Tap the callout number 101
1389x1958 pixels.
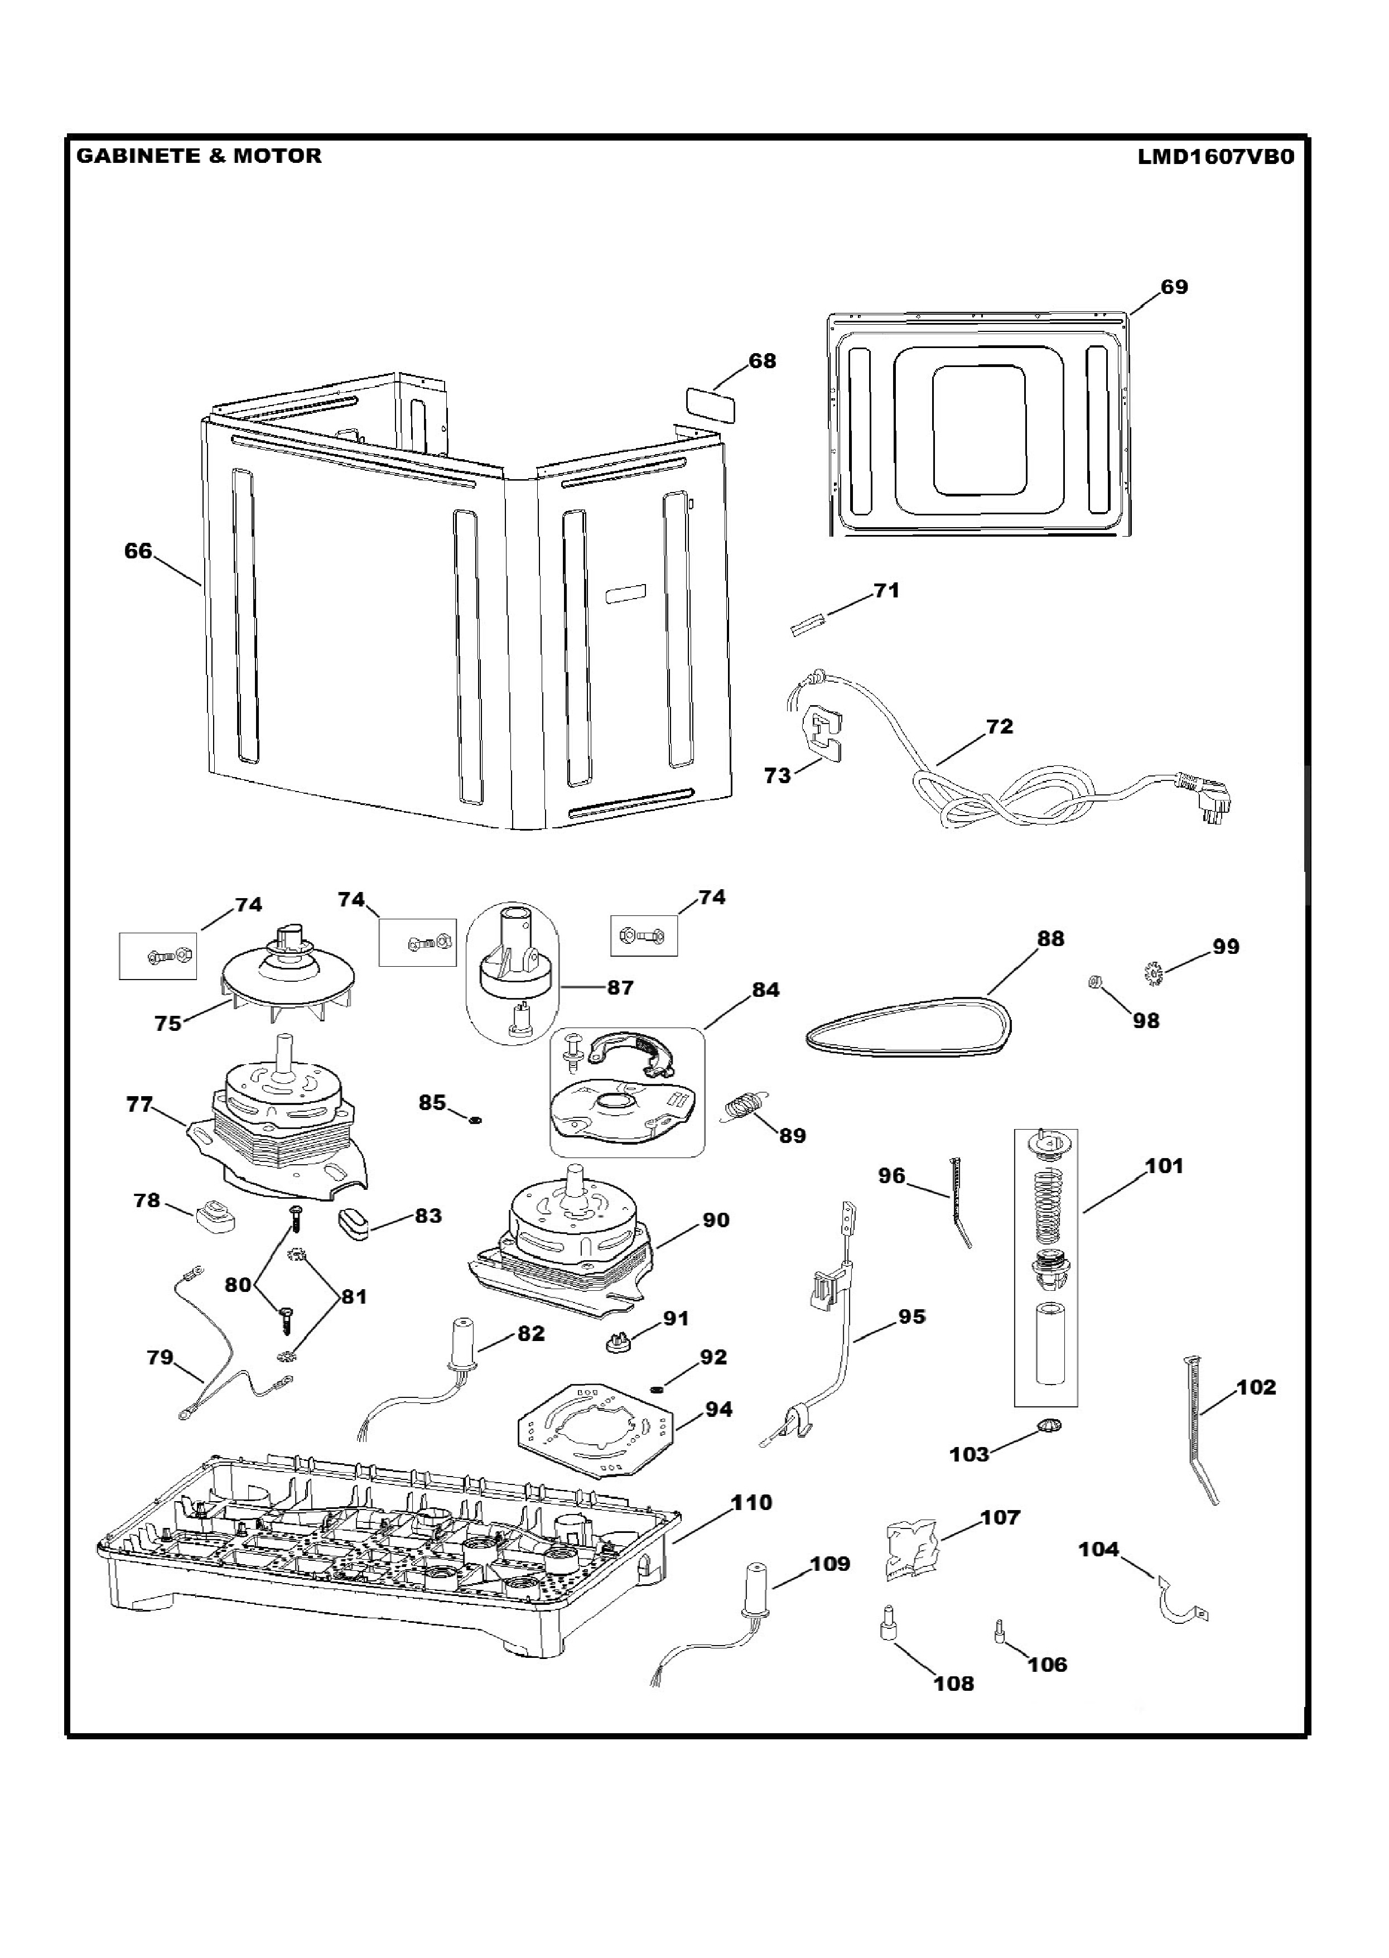(x=1163, y=1166)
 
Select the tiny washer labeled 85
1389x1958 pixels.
(x=474, y=1119)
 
